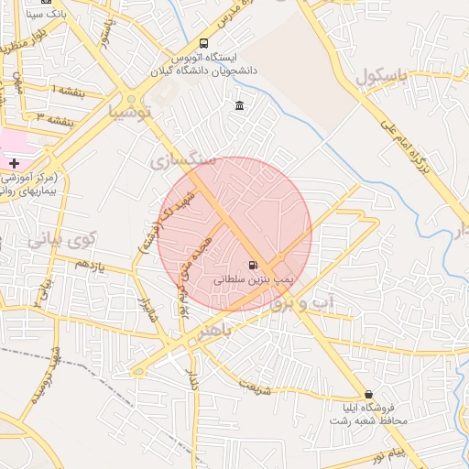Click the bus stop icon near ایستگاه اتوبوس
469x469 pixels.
[202, 43]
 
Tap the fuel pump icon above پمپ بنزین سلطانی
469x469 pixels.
[253, 266]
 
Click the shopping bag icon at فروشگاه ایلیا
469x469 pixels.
[369, 394]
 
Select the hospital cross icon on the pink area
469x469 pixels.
[14, 162]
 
